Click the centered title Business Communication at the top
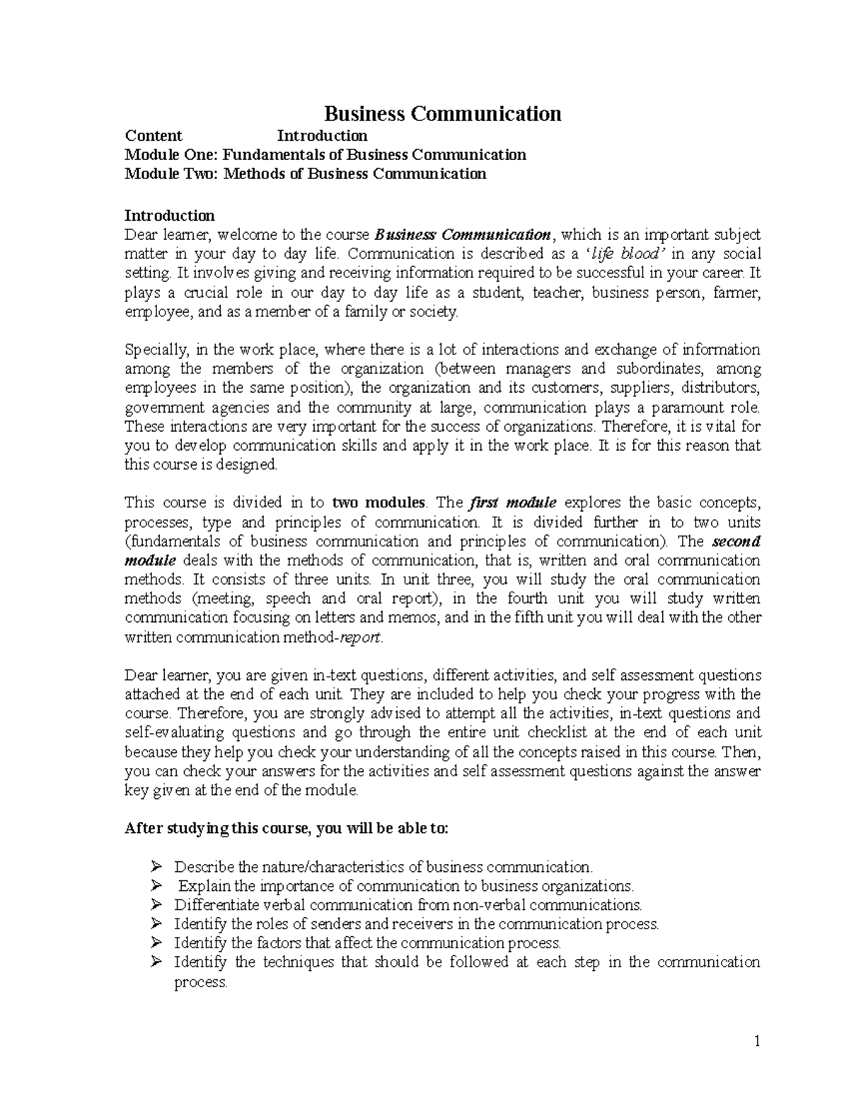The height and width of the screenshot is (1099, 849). coord(442,114)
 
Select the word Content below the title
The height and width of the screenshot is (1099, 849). coord(154,136)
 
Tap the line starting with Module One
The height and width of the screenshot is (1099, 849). coord(325,155)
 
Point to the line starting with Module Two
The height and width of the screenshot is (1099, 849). coord(305,174)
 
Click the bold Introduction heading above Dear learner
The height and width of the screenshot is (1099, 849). coord(169,215)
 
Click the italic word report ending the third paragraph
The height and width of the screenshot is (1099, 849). coord(361,637)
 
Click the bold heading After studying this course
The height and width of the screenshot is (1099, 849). coord(286,829)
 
